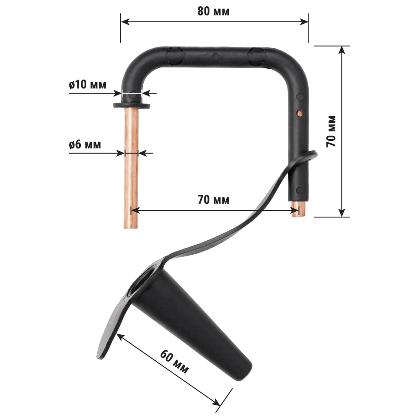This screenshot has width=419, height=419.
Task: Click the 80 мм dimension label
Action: (x=213, y=11)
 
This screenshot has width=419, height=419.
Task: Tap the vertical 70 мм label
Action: (x=331, y=132)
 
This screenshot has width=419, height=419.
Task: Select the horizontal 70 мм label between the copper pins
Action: (x=213, y=199)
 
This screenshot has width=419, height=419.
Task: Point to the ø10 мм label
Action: (x=88, y=85)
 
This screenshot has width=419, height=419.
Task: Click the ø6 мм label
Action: (x=85, y=145)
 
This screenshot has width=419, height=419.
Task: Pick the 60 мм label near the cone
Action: (x=174, y=362)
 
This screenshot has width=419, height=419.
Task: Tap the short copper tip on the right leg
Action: (x=299, y=209)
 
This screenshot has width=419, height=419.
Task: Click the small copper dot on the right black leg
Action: (x=300, y=114)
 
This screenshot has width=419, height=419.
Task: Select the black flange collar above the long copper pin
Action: (x=132, y=105)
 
